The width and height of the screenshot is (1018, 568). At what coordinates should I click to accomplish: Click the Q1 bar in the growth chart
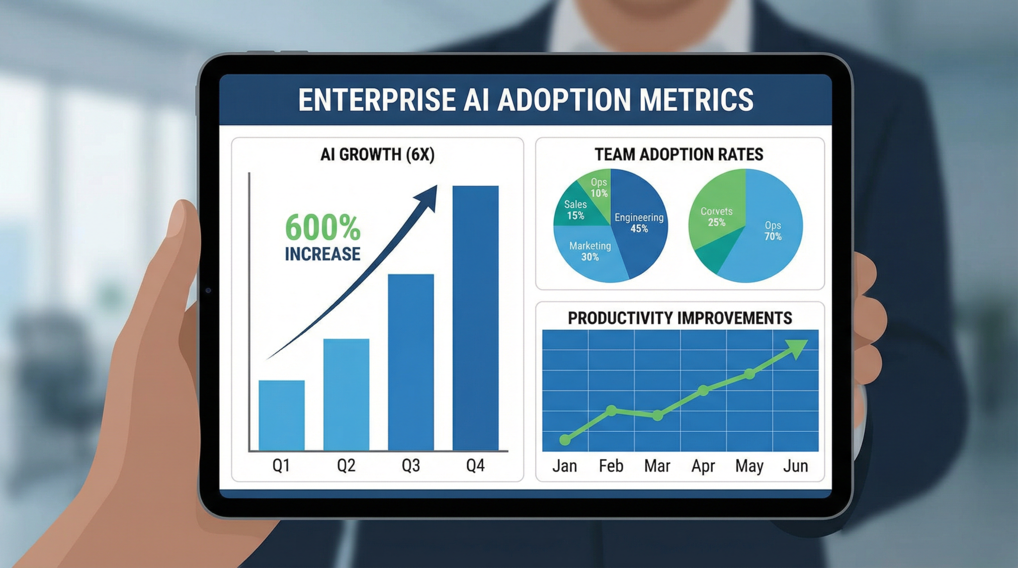click(281, 415)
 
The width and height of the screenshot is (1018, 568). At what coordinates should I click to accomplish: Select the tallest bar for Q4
click(475, 318)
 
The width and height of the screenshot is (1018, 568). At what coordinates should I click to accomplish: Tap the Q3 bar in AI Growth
click(411, 362)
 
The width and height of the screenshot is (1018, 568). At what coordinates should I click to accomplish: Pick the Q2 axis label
click(346, 466)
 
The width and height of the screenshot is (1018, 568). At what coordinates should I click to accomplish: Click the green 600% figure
click(323, 228)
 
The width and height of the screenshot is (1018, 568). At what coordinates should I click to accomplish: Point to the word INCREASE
click(323, 254)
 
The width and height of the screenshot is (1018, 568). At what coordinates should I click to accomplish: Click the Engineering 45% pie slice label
click(639, 223)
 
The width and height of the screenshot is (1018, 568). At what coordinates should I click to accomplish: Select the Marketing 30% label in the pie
click(590, 251)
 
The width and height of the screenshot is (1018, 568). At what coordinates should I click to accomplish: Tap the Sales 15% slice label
click(576, 210)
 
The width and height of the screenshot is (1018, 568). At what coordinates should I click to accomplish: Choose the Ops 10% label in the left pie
click(599, 187)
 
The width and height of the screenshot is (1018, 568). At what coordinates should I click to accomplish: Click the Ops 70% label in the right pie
click(773, 231)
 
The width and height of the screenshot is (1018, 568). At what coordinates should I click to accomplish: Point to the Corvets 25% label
click(716, 217)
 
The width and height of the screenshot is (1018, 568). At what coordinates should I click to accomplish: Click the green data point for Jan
click(565, 439)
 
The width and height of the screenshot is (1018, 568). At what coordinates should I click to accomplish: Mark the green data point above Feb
click(612, 410)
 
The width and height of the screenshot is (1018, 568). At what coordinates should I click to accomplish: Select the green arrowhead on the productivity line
click(797, 348)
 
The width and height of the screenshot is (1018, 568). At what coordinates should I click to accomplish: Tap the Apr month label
click(703, 466)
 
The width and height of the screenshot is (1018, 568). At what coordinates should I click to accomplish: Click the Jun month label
click(795, 466)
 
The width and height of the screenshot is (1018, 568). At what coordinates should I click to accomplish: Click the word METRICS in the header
click(696, 99)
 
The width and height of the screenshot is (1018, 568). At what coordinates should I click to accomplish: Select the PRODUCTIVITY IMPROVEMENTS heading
click(679, 318)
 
